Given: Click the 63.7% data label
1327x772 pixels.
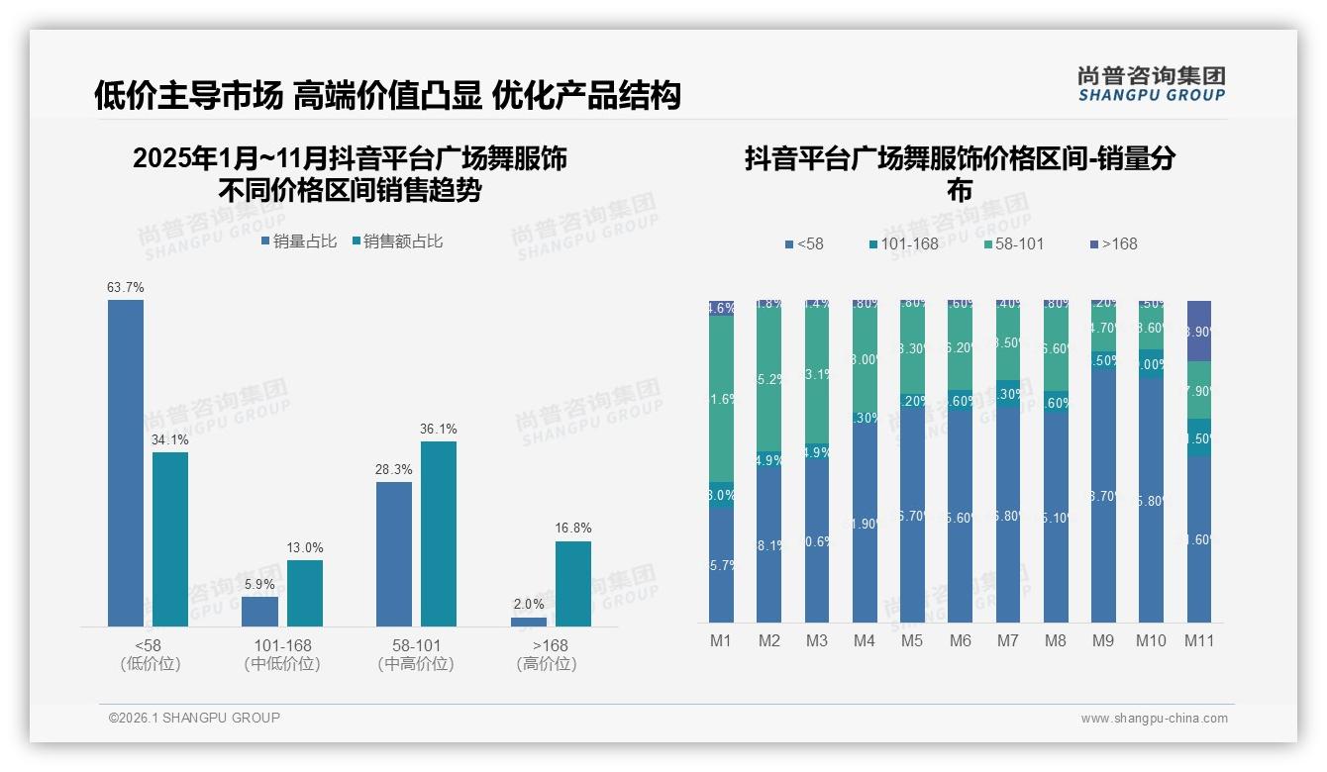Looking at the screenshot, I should click(126, 288).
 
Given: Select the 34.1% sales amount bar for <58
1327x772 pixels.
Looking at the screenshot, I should click(169, 539).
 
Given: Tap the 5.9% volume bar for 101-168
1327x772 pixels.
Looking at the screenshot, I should click(259, 612).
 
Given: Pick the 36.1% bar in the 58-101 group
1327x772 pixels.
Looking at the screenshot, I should click(439, 533).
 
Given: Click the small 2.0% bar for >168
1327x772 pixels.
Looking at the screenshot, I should click(529, 622).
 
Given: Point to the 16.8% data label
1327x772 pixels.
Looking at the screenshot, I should click(572, 529).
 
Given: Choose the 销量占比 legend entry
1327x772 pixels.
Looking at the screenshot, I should click(299, 241).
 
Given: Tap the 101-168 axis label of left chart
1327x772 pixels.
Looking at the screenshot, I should click(282, 645).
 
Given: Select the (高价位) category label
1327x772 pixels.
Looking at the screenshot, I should click(547, 664).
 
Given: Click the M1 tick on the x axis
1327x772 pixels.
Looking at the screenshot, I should click(721, 640).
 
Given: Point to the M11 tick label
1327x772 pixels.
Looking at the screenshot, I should click(1199, 640).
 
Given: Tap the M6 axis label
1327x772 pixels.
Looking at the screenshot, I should click(960, 640).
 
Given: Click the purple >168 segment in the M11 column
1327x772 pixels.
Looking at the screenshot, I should click(1199, 331).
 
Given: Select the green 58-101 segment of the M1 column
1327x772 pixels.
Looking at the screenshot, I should click(721, 399).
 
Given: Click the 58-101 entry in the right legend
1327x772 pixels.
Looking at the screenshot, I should click(1014, 243).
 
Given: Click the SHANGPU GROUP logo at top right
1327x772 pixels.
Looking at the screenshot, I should click(1151, 84).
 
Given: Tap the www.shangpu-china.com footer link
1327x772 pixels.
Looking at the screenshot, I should click(1154, 719).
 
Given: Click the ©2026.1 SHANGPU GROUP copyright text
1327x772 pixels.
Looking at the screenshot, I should click(194, 718).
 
